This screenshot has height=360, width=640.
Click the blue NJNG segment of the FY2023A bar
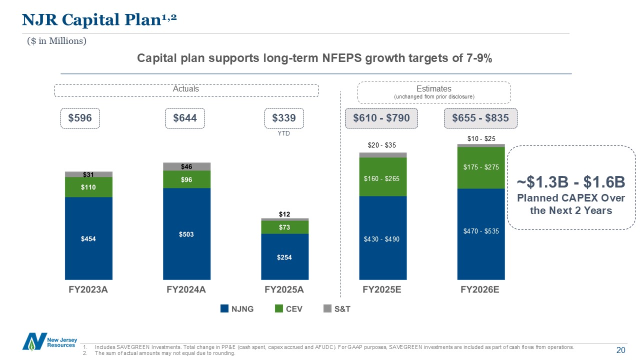[88, 238]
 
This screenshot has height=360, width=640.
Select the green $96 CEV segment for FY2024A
[186, 179]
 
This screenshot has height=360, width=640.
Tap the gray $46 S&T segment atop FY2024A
[186, 166]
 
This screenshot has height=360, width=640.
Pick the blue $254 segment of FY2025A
[284, 257]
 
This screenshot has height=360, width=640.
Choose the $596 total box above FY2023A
[80, 118]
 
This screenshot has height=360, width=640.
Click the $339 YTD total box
[284, 118]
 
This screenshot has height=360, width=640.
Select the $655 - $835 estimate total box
[480, 118]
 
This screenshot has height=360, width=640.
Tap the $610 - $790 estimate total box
[381, 118]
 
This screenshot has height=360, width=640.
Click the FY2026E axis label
[480, 290]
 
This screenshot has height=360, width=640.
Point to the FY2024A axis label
[186, 290]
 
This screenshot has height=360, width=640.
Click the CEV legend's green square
[279, 309]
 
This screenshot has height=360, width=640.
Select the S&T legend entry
[337, 309]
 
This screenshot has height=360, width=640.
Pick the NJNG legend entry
[237, 309]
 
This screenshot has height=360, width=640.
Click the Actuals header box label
[186, 89]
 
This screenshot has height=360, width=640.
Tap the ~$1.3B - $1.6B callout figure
[571, 181]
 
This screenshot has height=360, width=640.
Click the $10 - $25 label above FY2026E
[480, 138]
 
